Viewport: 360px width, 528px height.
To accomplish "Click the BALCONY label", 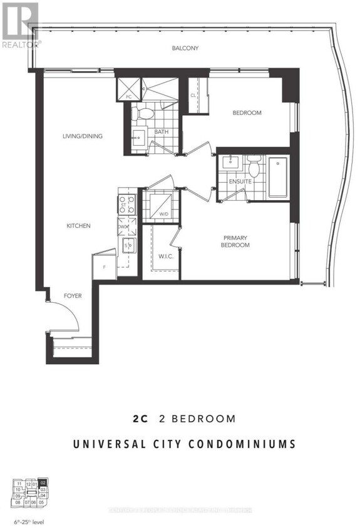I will click(x=185, y=48).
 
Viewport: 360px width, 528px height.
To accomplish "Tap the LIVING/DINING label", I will click(x=82, y=136).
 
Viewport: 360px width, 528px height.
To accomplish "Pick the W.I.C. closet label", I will click(x=166, y=255).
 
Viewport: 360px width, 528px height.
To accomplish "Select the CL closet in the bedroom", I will click(x=193, y=95).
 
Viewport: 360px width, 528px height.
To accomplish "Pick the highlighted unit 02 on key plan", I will click(x=42, y=482).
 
